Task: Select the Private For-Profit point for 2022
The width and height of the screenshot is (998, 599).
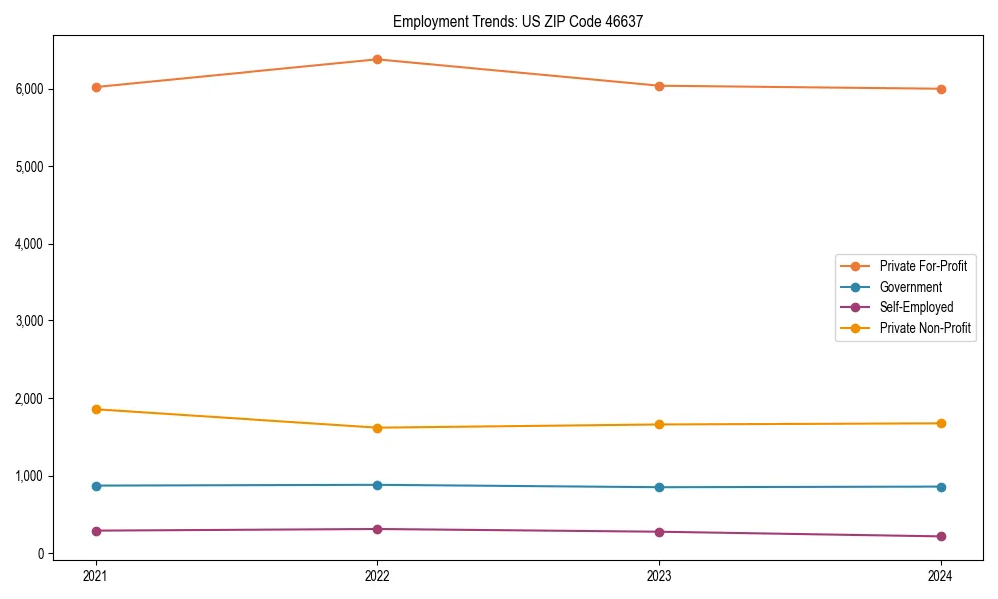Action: coord(377,59)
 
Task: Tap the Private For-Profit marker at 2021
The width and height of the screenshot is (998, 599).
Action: coord(96,87)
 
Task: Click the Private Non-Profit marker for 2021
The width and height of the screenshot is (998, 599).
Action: coord(96,409)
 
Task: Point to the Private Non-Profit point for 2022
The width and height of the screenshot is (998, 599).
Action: coord(377,428)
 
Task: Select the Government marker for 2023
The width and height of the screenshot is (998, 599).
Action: coord(659,487)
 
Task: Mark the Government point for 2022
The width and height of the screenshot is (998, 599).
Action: coord(377,485)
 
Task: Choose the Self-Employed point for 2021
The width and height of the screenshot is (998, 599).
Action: coord(96,531)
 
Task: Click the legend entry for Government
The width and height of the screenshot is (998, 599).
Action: coord(910,287)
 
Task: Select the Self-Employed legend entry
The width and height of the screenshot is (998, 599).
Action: coord(916,307)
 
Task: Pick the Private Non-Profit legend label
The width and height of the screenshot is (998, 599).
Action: coord(925,328)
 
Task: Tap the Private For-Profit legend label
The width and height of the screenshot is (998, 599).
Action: coord(923,266)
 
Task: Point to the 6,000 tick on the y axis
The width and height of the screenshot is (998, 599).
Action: coord(30,89)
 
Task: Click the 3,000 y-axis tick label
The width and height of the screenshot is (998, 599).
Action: coord(30,321)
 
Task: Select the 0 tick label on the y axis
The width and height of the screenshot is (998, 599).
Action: coord(41,554)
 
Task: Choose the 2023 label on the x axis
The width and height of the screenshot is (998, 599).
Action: coord(659,575)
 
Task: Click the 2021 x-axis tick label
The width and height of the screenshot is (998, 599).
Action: coord(96,575)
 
